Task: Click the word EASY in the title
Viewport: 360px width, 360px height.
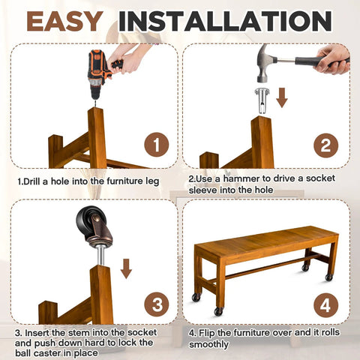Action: click(64, 21)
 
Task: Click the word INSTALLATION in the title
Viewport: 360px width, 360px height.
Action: click(225, 21)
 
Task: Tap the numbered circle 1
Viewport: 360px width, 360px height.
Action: click(157, 145)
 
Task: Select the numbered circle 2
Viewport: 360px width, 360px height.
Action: click(325, 145)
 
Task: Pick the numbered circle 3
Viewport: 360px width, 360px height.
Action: click(157, 304)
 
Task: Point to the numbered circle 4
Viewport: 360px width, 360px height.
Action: click(325, 305)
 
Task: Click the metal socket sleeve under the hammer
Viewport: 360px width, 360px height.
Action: click(262, 100)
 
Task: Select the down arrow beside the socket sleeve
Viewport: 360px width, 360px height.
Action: click(282, 97)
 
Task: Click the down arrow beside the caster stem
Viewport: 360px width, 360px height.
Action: click(126, 268)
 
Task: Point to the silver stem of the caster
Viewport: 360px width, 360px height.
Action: click(100, 256)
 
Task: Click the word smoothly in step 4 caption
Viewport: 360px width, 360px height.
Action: click(208, 344)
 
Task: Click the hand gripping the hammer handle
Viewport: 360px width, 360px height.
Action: click(332, 59)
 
